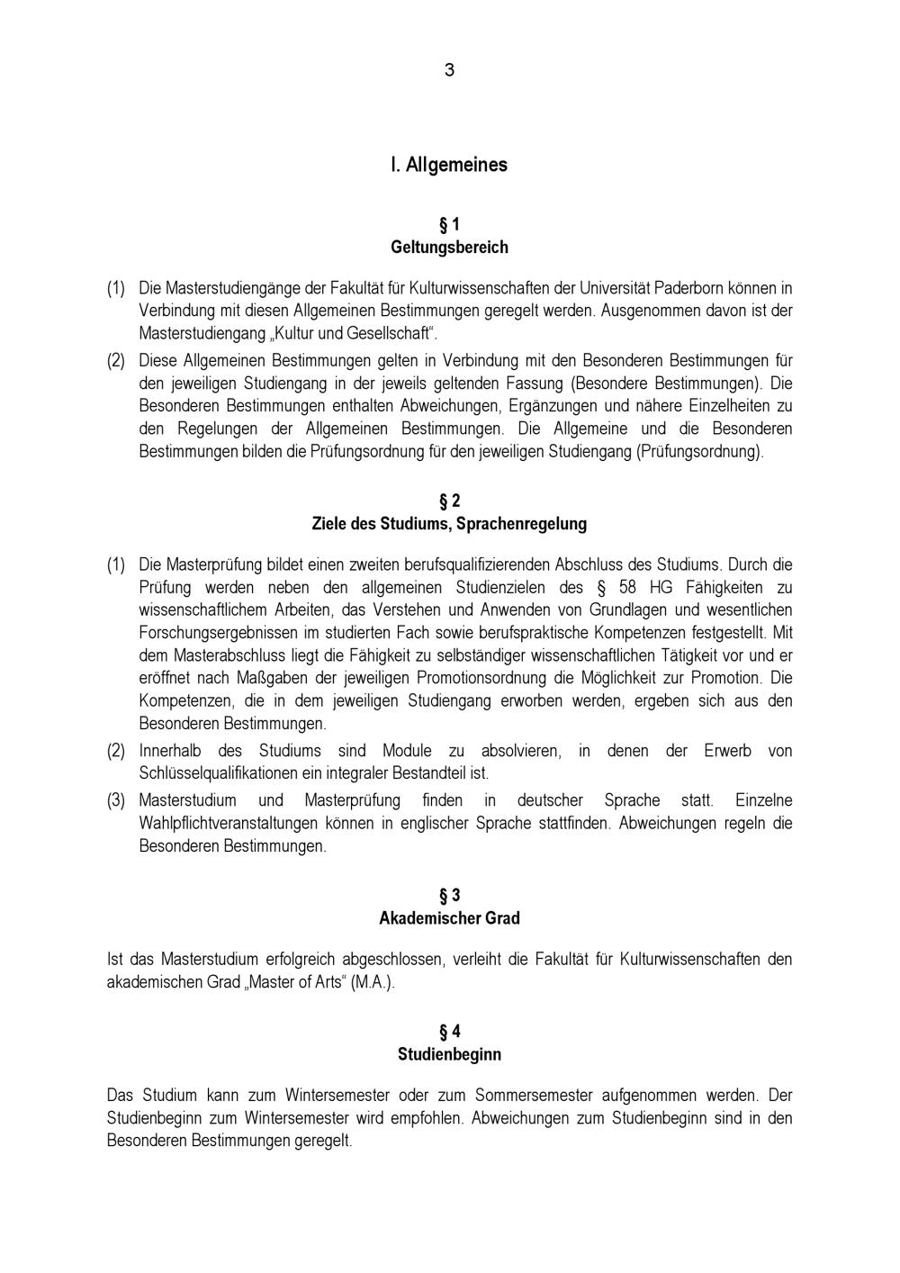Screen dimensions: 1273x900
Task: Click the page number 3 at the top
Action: click(449, 70)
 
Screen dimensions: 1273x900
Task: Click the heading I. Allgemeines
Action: click(449, 165)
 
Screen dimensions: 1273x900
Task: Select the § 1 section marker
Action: click(449, 224)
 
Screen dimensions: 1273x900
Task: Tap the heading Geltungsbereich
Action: click(449, 247)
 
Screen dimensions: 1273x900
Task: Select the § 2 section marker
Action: click(449, 501)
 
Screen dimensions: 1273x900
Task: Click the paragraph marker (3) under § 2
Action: click(116, 799)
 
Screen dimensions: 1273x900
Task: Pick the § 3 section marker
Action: click(449, 896)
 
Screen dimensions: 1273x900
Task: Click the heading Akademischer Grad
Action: click(449, 918)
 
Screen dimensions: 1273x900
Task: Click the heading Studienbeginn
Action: click(449, 1054)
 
